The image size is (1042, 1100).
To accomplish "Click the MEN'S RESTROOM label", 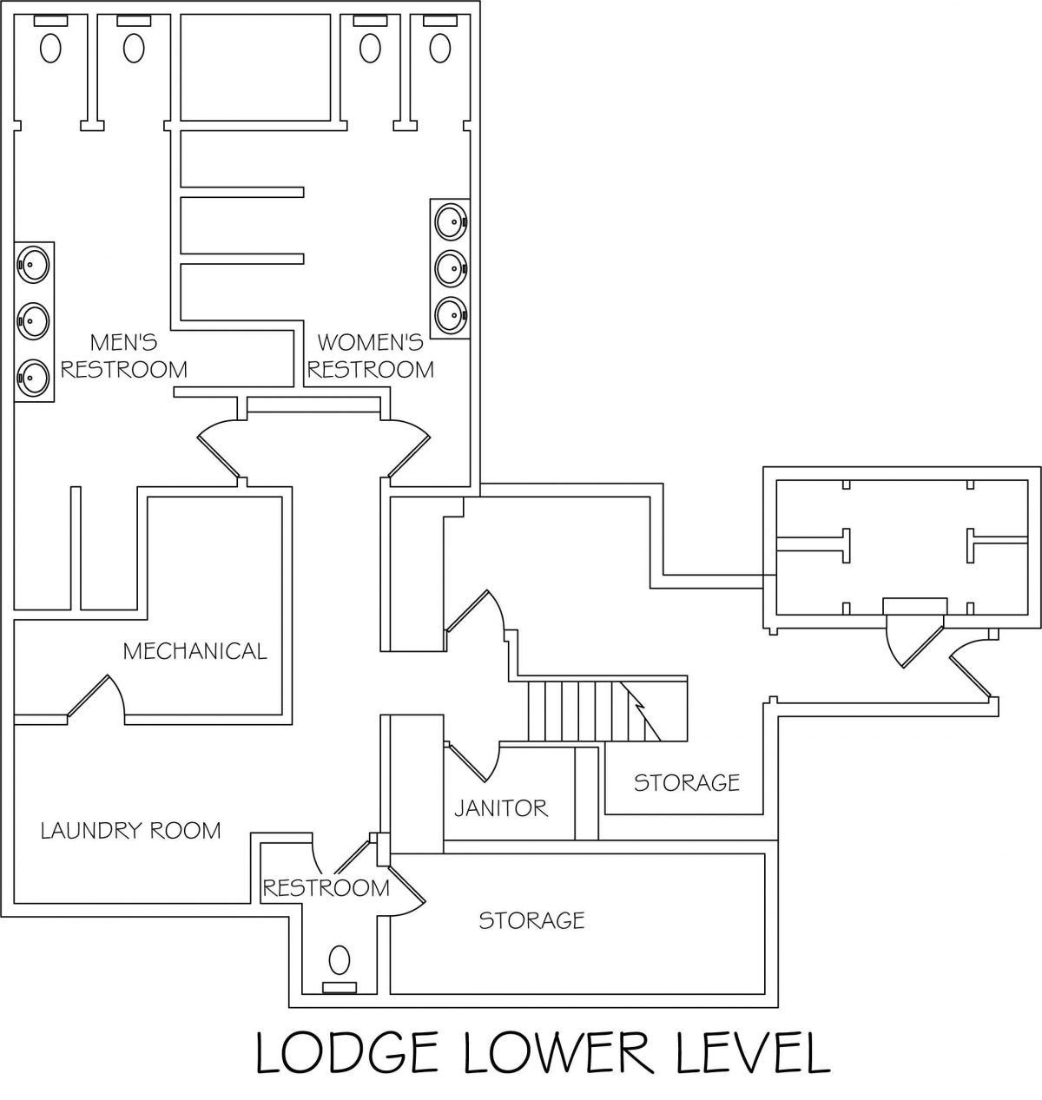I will (x=123, y=356).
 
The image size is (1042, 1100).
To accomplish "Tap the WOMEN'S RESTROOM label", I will (x=371, y=356).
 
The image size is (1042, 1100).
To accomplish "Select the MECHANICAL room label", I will (x=195, y=650).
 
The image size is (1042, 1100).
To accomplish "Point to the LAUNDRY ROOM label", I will (x=131, y=831).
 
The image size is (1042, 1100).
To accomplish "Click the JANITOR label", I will (x=501, y=808).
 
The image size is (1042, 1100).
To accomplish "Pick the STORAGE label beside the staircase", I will (x=686, y=782).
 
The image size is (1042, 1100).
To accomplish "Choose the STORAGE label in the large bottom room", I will (x=531, y=919).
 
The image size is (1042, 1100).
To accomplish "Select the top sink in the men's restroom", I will (x=33, y=263).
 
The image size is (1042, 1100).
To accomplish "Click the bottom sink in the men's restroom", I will (x=33, y=376).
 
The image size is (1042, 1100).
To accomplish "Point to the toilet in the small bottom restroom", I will (x=340, y=960).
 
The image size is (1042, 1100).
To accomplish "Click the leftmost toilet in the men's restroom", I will (x=51, y=47).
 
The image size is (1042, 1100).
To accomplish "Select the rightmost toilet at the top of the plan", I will (x=441, y=47).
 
